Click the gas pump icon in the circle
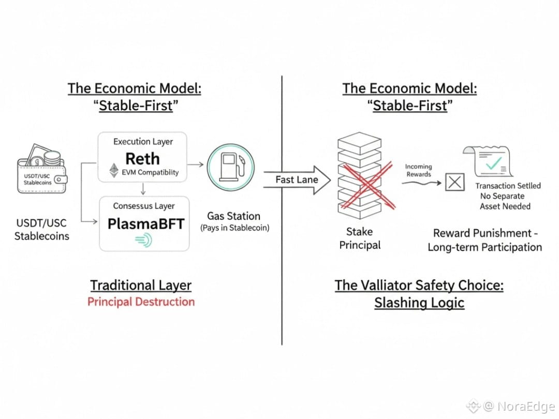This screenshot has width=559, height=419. pos(230,168)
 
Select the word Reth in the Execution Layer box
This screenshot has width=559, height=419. pos(143,159)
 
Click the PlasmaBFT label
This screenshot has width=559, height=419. pos(146,224)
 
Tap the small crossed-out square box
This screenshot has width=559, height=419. pos(454,182)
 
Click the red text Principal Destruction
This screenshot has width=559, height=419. pos(141,302)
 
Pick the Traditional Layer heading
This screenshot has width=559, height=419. pos(141,285)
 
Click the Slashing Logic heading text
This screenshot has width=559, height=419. pos(419,303)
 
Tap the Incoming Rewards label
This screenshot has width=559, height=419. pos(418,170)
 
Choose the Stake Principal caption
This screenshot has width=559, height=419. pos(360,238)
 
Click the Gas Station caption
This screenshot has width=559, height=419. pos(233,216)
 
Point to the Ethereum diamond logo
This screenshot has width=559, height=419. pos(113,171)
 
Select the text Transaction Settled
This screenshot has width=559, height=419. pos(508,186)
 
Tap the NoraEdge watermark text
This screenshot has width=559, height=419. pos(526,407)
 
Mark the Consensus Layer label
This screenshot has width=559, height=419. pos(143,206)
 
